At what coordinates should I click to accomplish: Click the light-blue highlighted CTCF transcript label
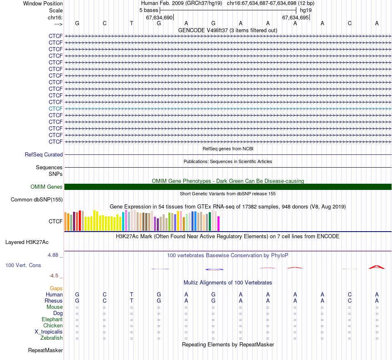(x=56, y=109)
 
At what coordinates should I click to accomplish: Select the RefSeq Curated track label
(x=44, y=155)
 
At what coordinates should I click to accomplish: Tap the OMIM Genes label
(x=47, y=187)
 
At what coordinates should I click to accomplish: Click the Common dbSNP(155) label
(x=37, y=200)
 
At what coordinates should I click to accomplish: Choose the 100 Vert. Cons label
(x=23, y=265)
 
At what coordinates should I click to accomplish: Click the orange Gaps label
(x=57, y=288)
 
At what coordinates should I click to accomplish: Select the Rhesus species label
(x=54, y=301)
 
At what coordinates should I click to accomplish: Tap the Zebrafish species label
(x=52, y=338)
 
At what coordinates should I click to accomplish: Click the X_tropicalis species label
(x=49, y=332)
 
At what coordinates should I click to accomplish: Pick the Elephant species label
(x=52, y=320)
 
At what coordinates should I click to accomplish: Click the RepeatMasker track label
(x=45, y=351)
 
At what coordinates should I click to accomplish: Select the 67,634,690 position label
(x=159, y=18)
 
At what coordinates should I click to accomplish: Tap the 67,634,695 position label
(x=295, y=18)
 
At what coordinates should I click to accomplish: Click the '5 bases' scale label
(x=149, y=9)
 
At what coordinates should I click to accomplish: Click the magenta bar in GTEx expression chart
(x=218, y=223)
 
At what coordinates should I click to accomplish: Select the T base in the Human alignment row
(x=132, y=294)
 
